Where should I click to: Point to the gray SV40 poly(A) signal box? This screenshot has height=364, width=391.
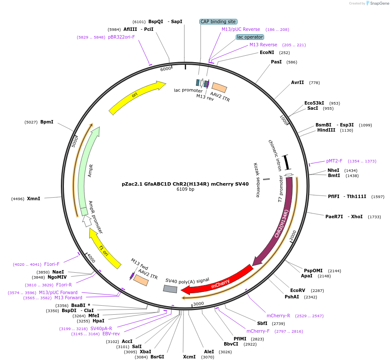click(170, 289)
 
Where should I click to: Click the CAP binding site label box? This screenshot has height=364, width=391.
click(218, 21)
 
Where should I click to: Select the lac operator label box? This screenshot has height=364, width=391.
click(250, 37)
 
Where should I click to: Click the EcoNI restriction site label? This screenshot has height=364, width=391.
click(267, 52)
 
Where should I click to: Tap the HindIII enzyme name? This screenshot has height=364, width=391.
click(326, 130)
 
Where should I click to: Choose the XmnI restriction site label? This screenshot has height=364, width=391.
click(33, 199)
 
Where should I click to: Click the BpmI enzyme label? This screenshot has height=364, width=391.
click(47, 122)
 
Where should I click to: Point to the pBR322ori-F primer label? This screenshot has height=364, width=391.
click(121, 37)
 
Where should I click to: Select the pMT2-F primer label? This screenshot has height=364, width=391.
click(334, 161)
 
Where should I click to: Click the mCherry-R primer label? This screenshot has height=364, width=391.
click(278, 316)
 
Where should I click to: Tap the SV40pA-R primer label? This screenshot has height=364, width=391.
click(101, 328)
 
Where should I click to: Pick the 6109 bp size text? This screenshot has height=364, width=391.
click(185, 190)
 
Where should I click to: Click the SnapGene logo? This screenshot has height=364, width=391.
click(376, 3)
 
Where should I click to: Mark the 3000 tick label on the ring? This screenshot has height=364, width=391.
click(198, 304)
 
